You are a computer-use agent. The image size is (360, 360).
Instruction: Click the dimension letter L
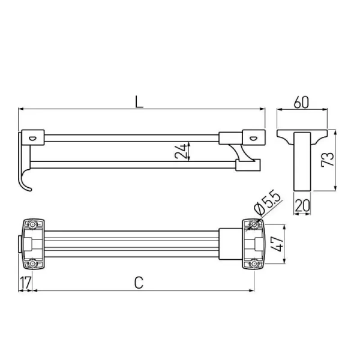tap(139, 102)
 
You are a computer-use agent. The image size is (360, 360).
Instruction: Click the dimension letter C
tap(139, 283)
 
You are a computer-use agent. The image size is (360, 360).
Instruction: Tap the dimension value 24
tap(181, 151)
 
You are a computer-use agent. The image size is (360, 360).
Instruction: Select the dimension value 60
tap(301, 103)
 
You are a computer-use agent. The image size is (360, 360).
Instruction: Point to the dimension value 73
tap(328, 159)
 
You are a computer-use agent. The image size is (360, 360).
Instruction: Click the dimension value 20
tap(302, 205)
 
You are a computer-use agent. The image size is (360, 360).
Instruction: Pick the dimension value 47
tap(277, 244)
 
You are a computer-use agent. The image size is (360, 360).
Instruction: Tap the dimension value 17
tap(25, 283)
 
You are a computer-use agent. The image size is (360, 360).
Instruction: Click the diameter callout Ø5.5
tap(268, 203)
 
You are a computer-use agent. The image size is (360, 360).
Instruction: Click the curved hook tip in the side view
tap(29, 189)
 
